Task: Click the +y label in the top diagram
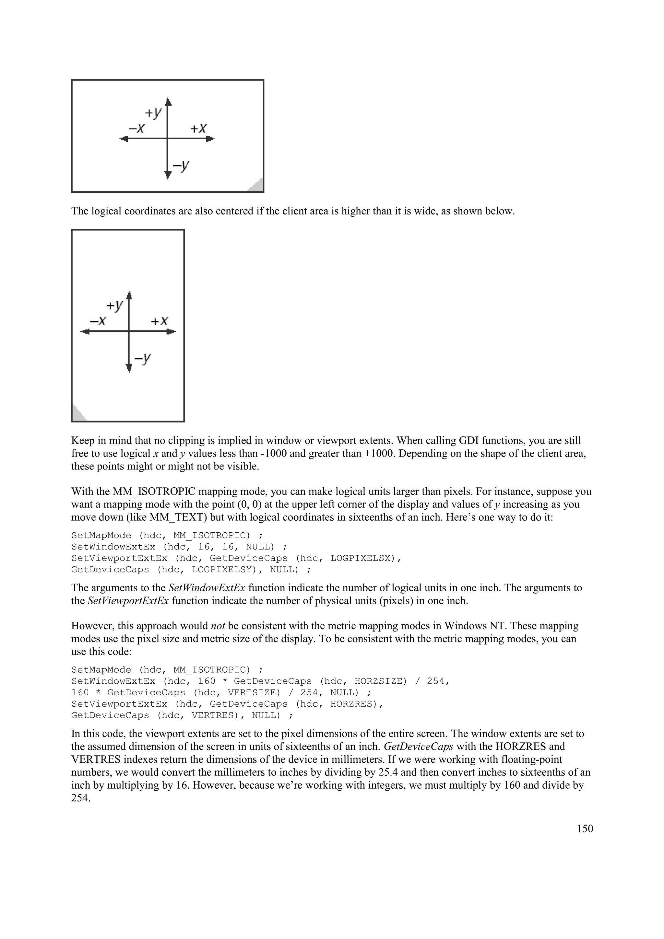153,113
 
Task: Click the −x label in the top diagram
136,129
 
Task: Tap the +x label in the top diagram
198,129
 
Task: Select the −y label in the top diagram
181,166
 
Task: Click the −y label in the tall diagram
142,359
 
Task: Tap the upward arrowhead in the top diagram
168,102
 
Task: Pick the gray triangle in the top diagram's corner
256,186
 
